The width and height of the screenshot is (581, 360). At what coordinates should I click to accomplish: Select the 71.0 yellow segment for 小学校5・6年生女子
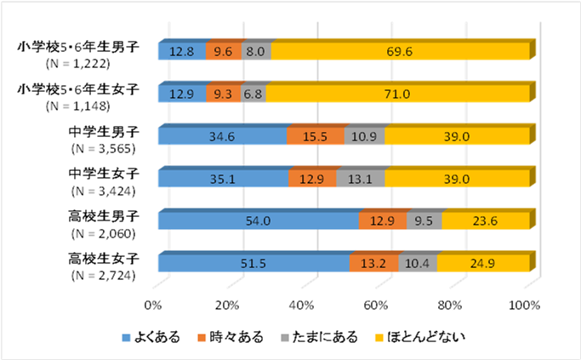397,94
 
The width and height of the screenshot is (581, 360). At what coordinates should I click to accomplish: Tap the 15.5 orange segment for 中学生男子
316,136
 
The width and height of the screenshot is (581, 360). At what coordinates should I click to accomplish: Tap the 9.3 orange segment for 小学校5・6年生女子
224,94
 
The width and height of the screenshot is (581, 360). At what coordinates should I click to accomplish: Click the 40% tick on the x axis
302,305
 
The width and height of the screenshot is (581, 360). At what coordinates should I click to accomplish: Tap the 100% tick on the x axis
524,305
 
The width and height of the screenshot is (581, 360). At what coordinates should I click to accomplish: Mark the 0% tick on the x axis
154,305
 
